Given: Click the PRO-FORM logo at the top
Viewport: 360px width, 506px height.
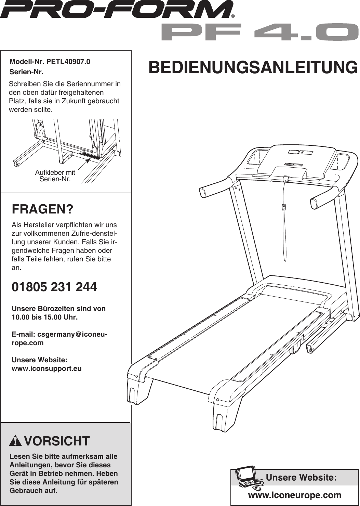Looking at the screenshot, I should pyautogui.click(x=116, y=10).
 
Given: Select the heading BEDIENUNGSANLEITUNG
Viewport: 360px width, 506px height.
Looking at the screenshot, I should pyautogui.click(x=253, y=67).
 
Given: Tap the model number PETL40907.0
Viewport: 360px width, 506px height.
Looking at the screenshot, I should pyautogui.click(x=68, y=62).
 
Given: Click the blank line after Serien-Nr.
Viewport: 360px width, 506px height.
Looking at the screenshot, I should pyautogui.click(x=80, y=72).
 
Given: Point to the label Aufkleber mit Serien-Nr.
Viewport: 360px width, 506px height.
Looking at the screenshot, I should pyautogui.click(x=55, y=176).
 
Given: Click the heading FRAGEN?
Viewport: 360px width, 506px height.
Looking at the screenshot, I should pyautogui.click(x=42, y=209).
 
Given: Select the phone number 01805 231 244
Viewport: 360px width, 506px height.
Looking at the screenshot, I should pyautogui.click(x=54, y=287).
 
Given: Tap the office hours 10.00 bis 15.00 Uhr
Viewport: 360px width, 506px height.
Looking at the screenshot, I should pyautogui.click(x=44, y=317).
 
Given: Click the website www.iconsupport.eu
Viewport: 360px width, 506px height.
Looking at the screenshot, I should pyautogui.click(x=46, y=368).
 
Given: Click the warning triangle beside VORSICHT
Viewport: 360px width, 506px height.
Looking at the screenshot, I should pyautogui.click(x=15, y=441).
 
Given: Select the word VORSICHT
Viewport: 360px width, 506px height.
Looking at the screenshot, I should pyautogui.click(x=57, y=441).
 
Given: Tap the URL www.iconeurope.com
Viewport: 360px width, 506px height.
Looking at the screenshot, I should pyautogui.click(x=294, y=495).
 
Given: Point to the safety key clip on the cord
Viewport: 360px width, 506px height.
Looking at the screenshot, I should pyautogui.click(x=284, y=207).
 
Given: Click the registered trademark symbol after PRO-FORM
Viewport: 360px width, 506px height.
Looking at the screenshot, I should pyautogui.click(x=233, y=16).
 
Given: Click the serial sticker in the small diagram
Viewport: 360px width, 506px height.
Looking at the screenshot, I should pyautogui.click(x=90, y=157).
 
